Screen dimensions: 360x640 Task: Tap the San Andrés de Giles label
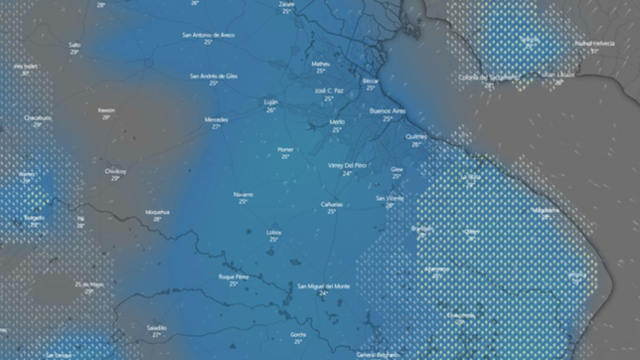click(213, 76)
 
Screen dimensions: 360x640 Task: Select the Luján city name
click(270, 102)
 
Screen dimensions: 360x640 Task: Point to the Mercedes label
click(216, 120)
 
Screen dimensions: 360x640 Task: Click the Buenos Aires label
click(388, 110)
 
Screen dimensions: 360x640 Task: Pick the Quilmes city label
click(416, 136)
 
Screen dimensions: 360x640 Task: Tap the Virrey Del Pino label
click(347, 165)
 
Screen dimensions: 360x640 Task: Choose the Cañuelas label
click(331, 204)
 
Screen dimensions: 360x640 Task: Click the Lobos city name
click(273, 232)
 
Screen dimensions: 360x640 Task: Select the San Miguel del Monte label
click(324, 285)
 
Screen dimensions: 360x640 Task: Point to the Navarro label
click(243, 193)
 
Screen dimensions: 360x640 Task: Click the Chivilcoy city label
click(115, 171)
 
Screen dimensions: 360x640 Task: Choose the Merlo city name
click(337, 122)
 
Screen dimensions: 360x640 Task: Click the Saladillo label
click(156, 327)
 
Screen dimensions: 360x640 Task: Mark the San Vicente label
click(390, 198)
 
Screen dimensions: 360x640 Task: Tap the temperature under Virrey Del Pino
click(347, 173)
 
